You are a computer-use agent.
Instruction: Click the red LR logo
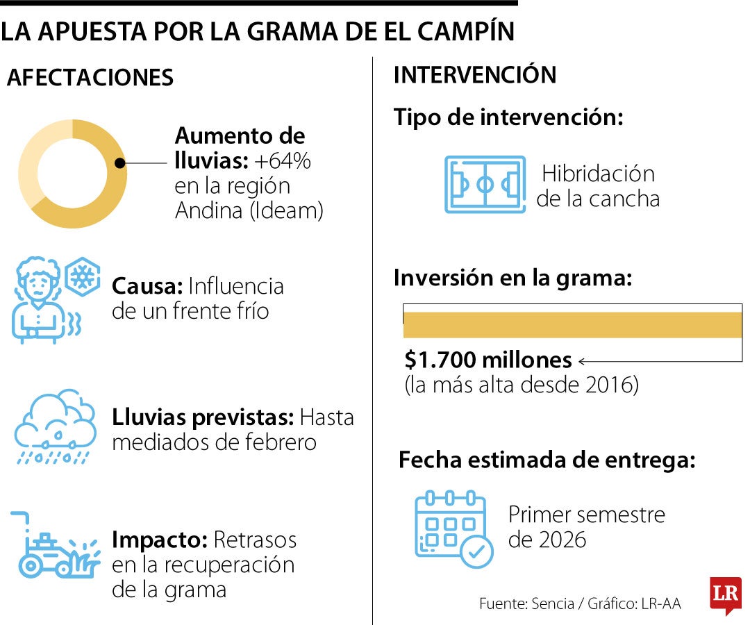pos(726,594)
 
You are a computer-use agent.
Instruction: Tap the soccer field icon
pos(485,185)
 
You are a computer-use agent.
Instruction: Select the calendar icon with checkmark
pos(453,529)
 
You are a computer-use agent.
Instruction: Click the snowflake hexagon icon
pos(83,277)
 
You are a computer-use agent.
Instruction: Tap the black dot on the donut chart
pos(120,163)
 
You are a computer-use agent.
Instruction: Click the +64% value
pos(282,161)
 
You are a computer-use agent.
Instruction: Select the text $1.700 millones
pos(488,360)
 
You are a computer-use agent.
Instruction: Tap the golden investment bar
pos(572,325)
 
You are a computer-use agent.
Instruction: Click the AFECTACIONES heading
pos(90,78)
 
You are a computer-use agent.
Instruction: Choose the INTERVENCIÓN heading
pos(475,75)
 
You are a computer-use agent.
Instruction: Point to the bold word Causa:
pos(147,285)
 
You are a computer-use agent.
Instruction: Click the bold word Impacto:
pos(159,540)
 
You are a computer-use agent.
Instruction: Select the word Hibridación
pos(598,173)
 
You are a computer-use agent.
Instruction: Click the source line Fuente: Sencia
pos(527,603)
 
